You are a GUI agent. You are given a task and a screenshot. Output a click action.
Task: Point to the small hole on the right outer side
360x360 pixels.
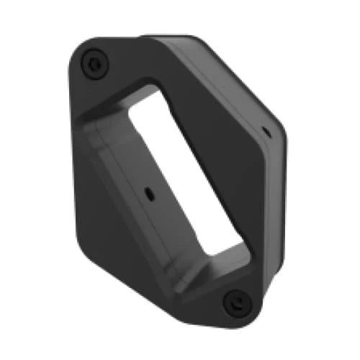pos(264,131)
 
